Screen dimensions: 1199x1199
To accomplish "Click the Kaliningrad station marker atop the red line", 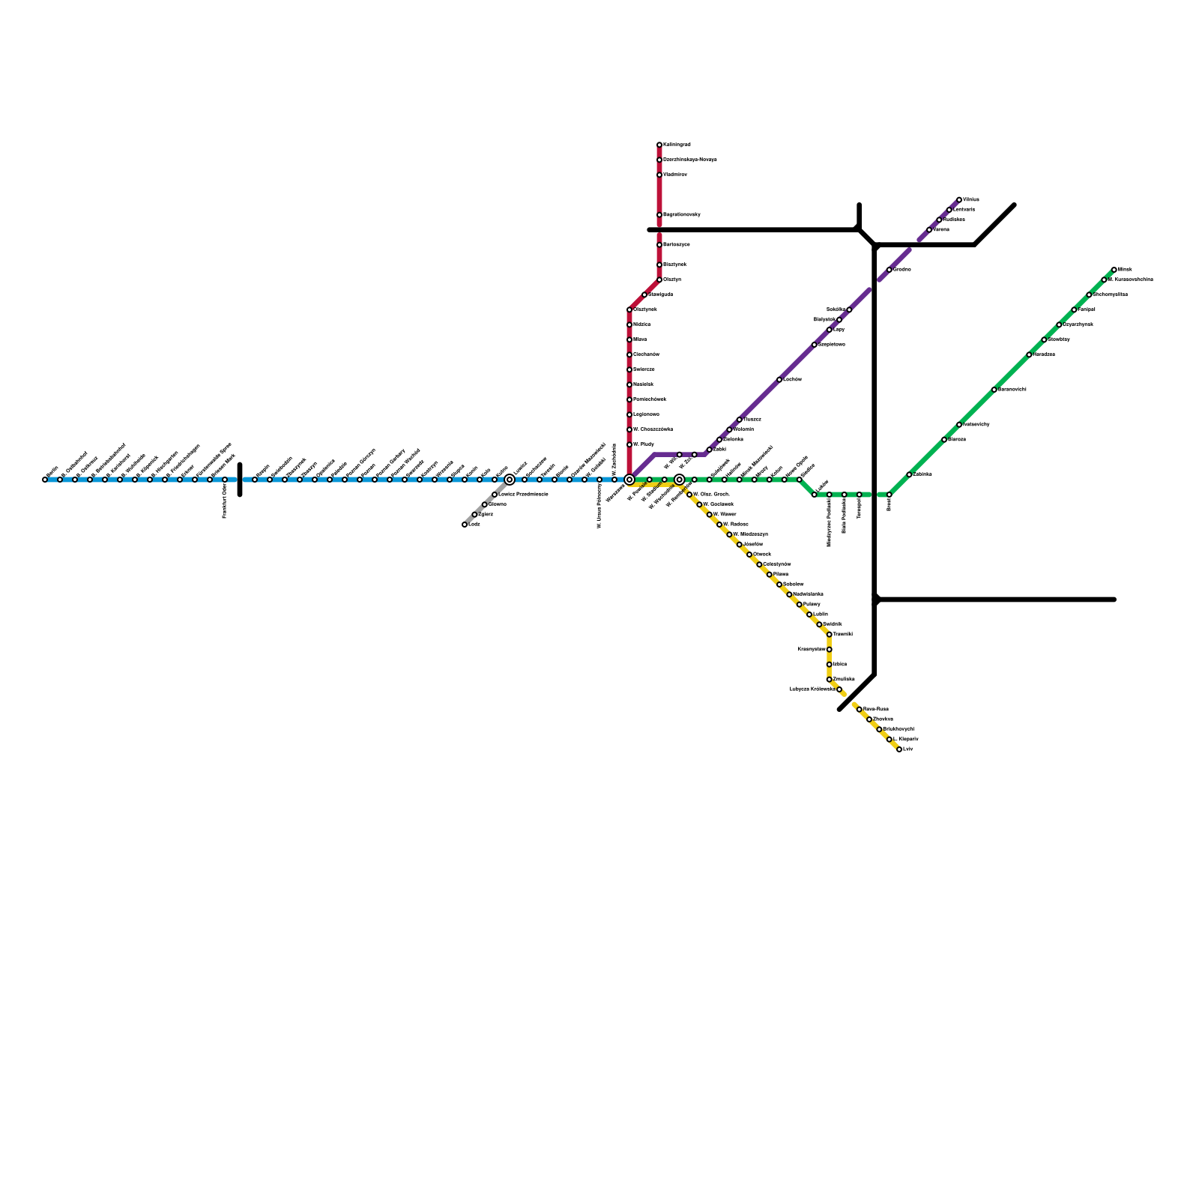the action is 659,145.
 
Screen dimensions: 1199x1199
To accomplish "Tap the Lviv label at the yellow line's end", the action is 908,749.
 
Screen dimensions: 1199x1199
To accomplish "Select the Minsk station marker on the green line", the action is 1114,270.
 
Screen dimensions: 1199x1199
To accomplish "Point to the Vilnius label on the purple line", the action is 971,200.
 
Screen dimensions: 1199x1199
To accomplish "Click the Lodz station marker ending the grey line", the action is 465,525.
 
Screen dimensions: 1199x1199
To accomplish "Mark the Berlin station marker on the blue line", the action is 45,480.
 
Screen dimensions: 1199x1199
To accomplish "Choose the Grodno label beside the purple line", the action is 902,270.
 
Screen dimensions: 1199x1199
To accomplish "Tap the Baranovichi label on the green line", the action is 1012,390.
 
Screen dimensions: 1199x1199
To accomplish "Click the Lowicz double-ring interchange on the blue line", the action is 510,480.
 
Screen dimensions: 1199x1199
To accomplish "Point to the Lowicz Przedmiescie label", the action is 523,495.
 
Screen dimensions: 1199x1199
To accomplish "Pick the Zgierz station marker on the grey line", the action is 474,515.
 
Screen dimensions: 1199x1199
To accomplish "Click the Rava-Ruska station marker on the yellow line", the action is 859,709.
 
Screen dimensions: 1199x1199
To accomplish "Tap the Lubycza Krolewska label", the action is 812,689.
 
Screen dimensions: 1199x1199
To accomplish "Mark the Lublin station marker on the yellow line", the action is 809,614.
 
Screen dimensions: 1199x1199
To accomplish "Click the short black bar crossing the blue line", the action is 240,480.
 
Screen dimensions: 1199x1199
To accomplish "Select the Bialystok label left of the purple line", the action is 824,320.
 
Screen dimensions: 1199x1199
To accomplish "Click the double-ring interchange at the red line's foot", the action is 629,480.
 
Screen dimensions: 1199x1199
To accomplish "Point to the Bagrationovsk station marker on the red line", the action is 659,215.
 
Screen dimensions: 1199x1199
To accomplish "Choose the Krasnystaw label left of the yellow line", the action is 812,650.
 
